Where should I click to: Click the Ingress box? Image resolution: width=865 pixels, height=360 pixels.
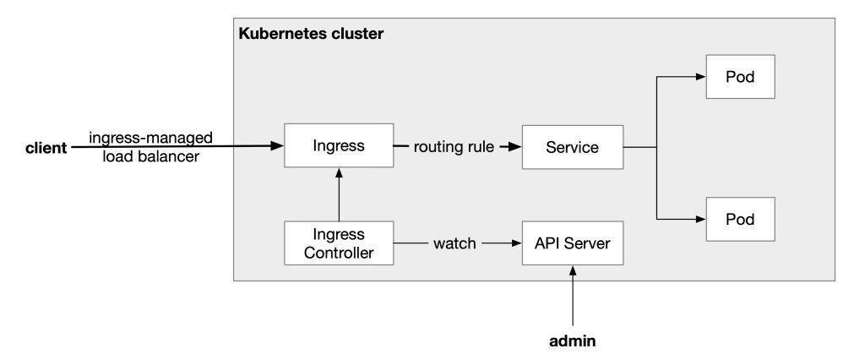[338, 146]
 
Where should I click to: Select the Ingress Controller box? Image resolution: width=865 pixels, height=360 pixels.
[338, 243]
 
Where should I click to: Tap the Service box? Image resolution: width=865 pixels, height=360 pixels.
[572, 147]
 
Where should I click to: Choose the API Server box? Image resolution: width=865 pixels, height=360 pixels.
[572, 243]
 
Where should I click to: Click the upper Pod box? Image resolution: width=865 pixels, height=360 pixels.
[740, 77]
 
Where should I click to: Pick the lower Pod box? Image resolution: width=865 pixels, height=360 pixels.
[740, 218]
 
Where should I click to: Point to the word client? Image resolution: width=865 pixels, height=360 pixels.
[46, 149]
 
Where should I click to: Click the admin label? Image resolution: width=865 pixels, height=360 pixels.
[572, 341]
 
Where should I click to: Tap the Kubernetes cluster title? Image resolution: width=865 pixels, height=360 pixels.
[311, 35]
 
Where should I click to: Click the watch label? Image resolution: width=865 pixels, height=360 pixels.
[455, 243]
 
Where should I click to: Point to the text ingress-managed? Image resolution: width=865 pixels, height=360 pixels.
[151, 137]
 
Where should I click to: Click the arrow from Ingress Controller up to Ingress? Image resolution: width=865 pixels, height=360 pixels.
[338, 194]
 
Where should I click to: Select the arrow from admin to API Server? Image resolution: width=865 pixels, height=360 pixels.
[572, 296]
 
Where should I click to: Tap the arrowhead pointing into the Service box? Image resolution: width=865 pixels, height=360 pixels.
[514, 147]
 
